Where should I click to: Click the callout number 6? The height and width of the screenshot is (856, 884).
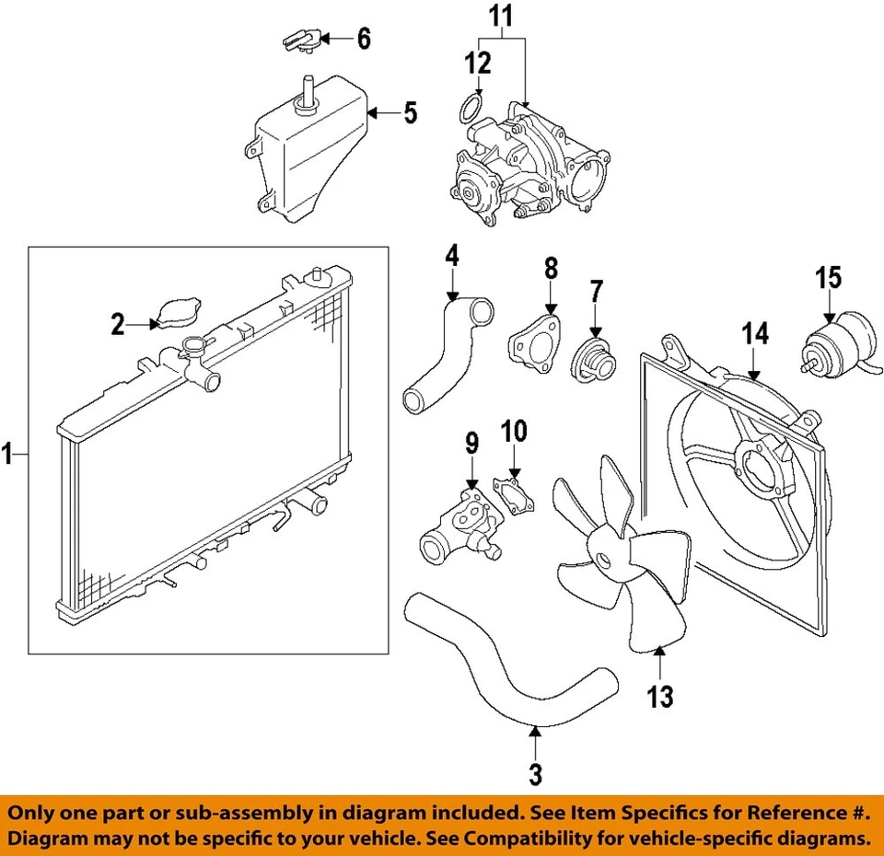tap(364, 39)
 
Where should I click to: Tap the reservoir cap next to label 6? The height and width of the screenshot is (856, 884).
tap(299, 40)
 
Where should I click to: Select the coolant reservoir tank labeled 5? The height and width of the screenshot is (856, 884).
tap(304, 161)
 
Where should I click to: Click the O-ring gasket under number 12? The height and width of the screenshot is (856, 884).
tap(470, 110)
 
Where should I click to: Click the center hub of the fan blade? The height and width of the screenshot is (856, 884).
tap(605, 559)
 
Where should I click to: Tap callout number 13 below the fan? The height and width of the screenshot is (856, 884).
tap(659, 696)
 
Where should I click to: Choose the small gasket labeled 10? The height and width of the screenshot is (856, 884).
tap(515, 492)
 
